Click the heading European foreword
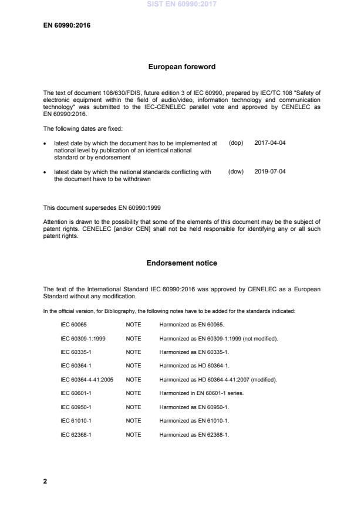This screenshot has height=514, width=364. tap(181, 67)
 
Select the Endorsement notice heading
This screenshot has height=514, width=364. tap(181, 263)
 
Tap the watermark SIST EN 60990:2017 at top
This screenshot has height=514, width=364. tap(181, 4)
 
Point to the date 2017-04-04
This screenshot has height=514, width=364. tap(270, 142)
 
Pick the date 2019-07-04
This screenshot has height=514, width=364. tap(270, 172)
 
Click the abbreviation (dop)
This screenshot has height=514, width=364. tap(235, 142)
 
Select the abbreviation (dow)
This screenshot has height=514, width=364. tap(235, 172)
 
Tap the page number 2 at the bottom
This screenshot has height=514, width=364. tap(45, 481)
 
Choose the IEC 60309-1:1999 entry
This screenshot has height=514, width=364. tap(83, 339)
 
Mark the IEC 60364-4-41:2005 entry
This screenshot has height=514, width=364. tap(87, 379)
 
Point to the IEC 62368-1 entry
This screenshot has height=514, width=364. tap(76, 434)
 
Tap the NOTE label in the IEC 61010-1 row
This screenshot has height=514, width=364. tap(133, 420)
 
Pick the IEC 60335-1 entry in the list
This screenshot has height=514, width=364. tap(76, 352)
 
